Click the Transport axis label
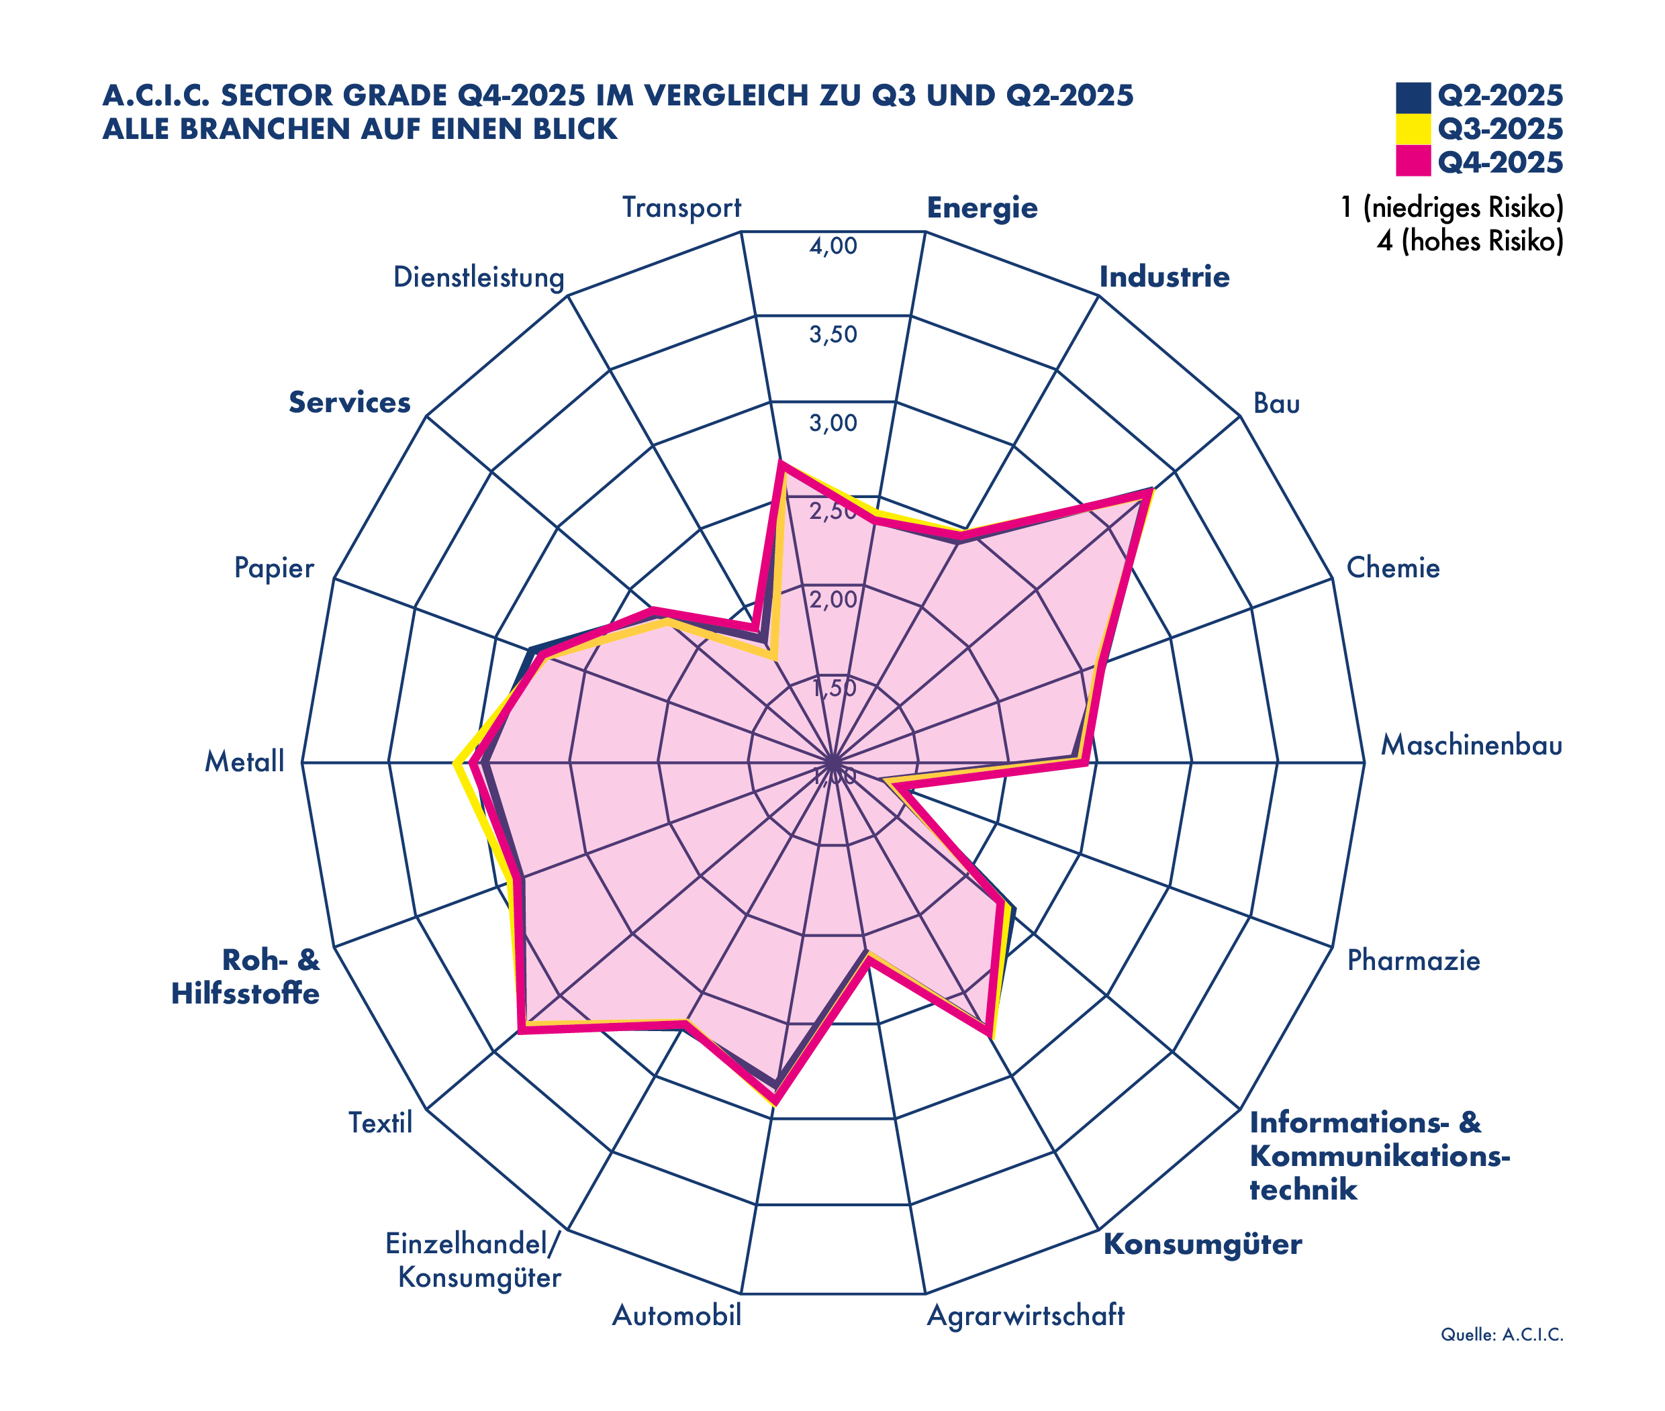(x=681, y=208)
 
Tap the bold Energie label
(x=982, y=208)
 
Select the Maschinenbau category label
(x=1470, y=746)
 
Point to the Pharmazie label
(x=1413, y=960)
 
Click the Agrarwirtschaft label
(x=1025, y=1315)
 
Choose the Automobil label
(x=676, y=1315)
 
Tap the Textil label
(x=380, y=1123)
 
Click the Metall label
(x=244, y=761)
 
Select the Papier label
(x=274, y=568)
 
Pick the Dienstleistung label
(x=479, y=277)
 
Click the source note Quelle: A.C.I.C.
(x=1501, y=1334)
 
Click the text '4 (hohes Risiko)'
(x=1469, y=241)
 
